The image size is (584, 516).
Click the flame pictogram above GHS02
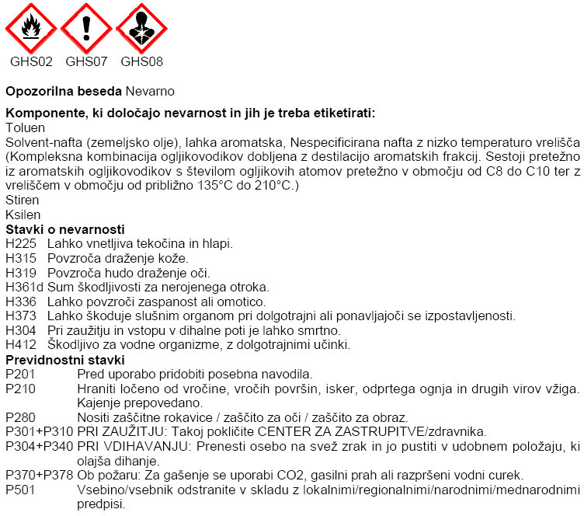(x=31, y=28)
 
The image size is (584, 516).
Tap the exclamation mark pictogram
(x=87, y=28)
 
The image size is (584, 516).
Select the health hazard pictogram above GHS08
(x=142, y=28)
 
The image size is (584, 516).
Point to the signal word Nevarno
(x=150, y=91)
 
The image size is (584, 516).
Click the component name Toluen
(x=25, y=127)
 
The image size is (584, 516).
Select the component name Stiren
(x=22, y=200)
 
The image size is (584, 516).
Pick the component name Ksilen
(x=23, y=214)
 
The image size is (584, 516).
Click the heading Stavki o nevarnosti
(x=65, y=229)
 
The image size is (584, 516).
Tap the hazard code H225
(x=21, y=244)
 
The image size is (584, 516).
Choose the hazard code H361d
(x=24, y=287)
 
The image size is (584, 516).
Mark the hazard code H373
(x=21, y=316)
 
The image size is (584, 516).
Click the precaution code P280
(x=21, y=417)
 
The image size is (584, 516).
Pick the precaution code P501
(x=21, y=490)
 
